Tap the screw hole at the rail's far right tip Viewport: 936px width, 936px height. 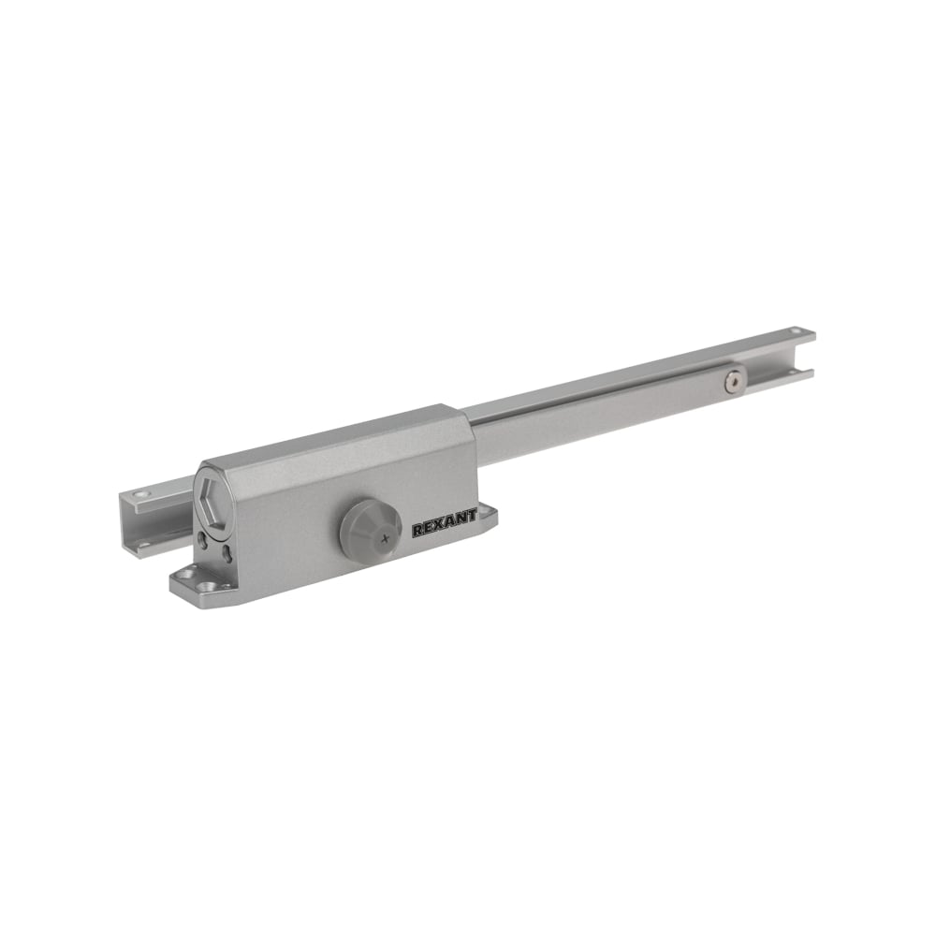coord(795,329)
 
